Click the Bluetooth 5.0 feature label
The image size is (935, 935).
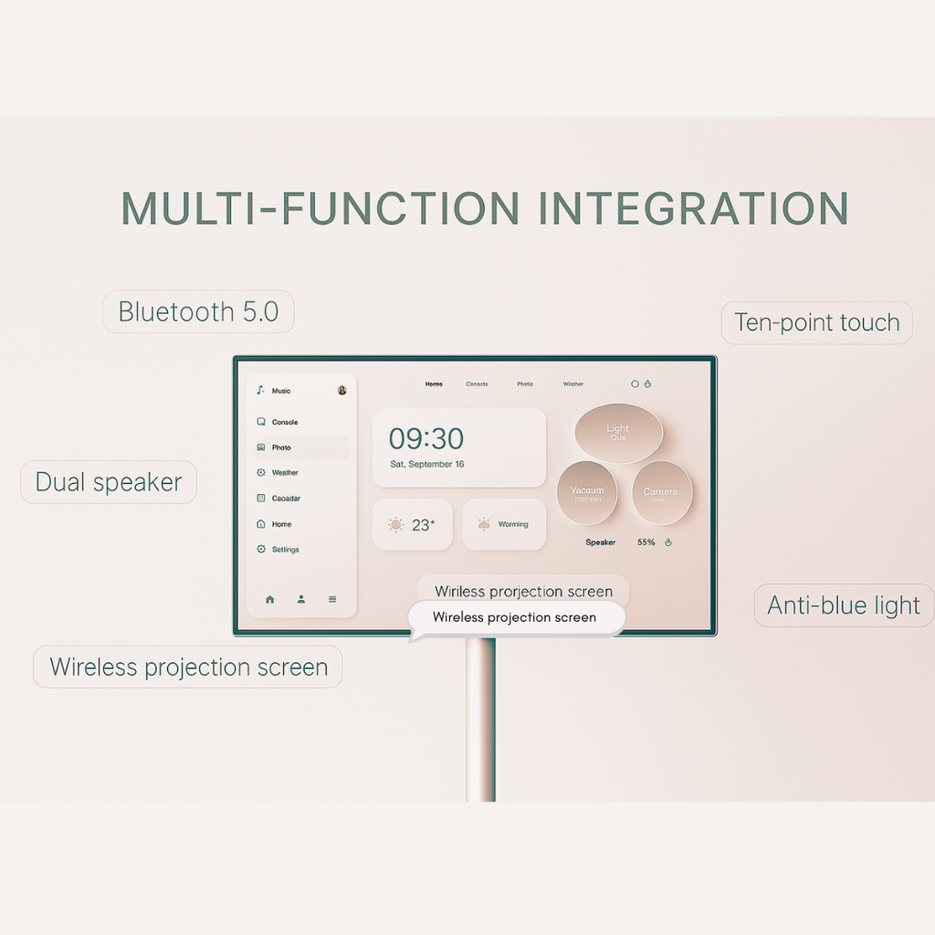198,312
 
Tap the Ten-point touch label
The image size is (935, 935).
816,322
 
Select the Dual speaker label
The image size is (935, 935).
109,482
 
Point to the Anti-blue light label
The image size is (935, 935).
844,605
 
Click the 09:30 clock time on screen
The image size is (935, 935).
426,439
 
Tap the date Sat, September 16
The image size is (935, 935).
427,465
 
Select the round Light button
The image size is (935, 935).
618,432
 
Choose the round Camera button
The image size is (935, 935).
660,493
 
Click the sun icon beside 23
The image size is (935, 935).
395,525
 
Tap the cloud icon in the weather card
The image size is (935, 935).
484,525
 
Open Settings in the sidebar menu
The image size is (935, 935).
285,550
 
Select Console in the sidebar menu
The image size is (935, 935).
285,423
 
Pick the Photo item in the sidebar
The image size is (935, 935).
281,447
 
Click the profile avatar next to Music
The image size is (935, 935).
341,390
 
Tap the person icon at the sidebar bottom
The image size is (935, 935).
300,600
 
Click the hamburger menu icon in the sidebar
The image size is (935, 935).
332,600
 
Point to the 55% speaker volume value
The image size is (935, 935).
646,542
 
